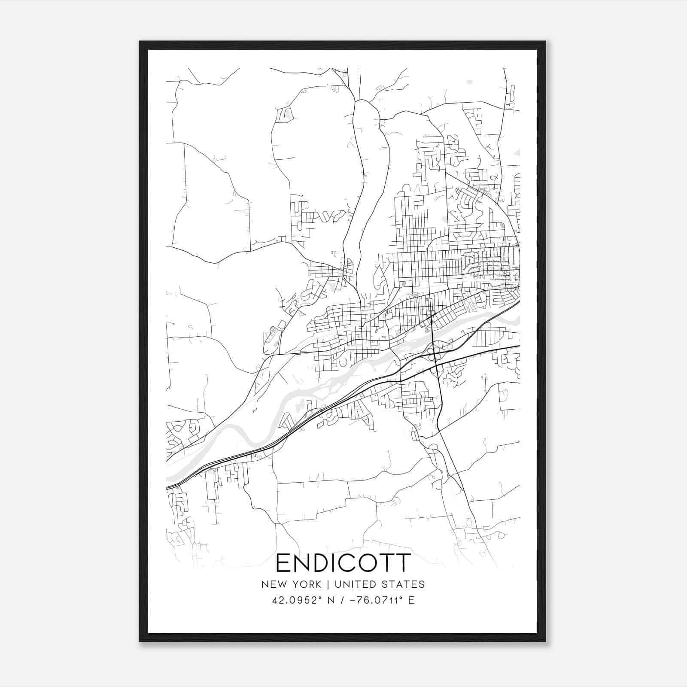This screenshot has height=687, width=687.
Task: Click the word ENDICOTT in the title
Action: pos(343,562)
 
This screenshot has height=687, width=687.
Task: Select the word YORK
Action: pos(306,584)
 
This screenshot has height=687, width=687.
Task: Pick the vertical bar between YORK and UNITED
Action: pos(328,584)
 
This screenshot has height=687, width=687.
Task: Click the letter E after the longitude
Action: pos(411,600)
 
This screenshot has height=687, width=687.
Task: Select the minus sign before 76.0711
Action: pos(353,600)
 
